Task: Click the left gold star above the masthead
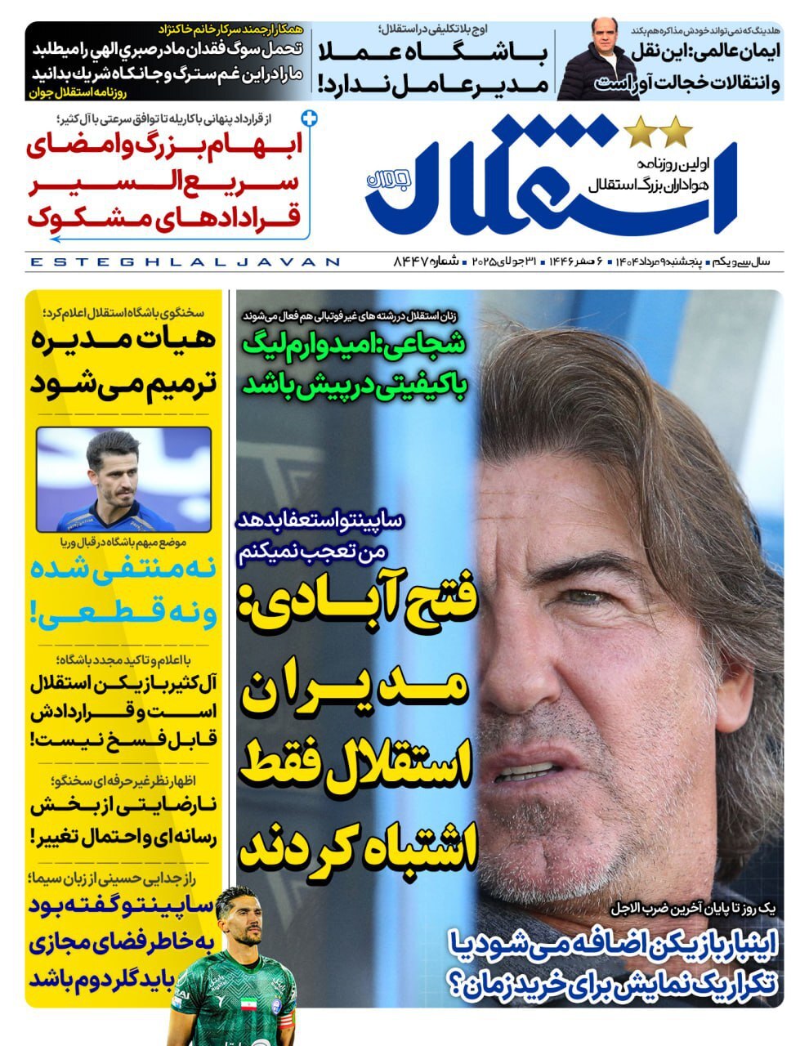[x=639, y=132]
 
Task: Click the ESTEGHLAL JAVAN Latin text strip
[x=184, y=262]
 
